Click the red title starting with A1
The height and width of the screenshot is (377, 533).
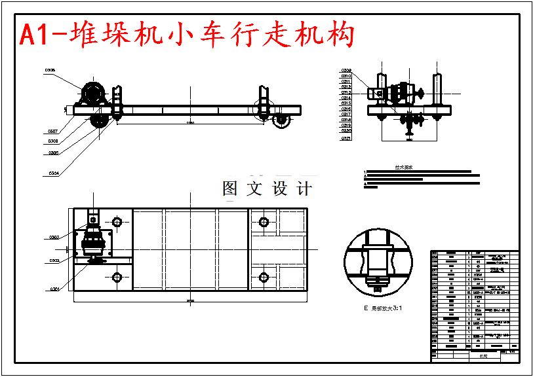click(x=187, y=34)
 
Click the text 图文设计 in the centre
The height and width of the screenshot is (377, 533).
click(x=267, y=189)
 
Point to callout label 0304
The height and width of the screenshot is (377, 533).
click(x=54, y=173)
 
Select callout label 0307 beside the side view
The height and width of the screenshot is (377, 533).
click(x=53, y=131)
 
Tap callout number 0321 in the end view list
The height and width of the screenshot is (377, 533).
click(x=346, y=139)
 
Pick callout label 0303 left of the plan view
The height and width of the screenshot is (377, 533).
click(x=54, y=237)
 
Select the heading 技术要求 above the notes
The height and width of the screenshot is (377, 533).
click(x=403, y=167)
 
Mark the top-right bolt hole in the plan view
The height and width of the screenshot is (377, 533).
click(x=264, y=221)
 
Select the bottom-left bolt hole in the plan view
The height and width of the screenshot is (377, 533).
click(x=117, y=277)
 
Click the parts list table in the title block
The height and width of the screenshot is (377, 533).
click(x=474, y=300)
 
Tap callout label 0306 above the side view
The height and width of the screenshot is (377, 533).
click(x=50, y=70)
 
